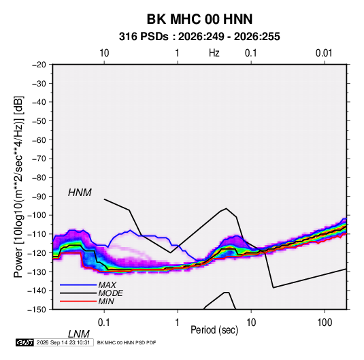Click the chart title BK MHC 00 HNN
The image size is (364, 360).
point(199,19)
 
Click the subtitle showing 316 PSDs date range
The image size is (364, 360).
point(199,37)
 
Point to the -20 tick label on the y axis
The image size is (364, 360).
point(39,65)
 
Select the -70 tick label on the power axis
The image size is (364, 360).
point(39,159)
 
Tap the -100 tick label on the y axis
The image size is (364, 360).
point(37,215)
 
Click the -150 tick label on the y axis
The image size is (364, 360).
point(37,310)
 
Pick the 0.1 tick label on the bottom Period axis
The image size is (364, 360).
point(104,323)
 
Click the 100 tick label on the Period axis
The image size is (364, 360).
point(325,323)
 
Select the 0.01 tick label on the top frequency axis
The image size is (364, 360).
point(324,53)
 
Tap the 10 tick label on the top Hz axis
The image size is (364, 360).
point(104,53)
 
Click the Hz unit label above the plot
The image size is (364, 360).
point(214,53)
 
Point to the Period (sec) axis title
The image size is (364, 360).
point(214,330)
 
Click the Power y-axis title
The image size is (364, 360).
point(18,187)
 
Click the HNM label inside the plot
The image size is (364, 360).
point(80,193)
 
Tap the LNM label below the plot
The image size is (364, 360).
point(79,334)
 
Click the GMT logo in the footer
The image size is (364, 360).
point(25,342)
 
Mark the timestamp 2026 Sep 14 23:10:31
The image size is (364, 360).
point(63,342)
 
